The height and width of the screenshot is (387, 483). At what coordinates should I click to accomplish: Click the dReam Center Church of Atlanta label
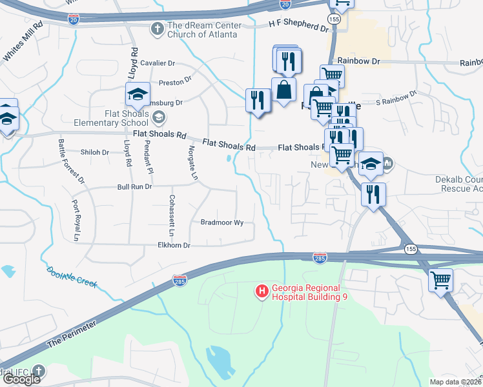(x=204, y=30)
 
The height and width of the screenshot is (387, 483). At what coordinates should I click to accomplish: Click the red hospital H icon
(x=262, y=292)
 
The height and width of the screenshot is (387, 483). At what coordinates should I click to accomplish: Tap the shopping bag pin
(x=283, y=90)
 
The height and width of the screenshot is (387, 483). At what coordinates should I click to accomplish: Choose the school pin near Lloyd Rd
(x=138, y=95)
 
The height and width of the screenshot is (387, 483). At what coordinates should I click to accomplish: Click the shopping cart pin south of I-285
(x=440, y=280)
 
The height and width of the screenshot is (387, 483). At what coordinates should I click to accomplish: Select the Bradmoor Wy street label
(x=221, y=223)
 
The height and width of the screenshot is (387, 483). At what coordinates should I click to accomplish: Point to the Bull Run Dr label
(x=134, y=186)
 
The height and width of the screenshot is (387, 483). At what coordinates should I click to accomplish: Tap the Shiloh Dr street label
(x=95, y=152)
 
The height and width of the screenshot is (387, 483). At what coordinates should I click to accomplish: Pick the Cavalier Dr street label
(x=158, y=63)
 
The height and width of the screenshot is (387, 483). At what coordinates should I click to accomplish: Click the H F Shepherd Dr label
(x=298, y=26)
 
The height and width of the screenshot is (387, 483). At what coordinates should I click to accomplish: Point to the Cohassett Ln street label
(x=171, y=215)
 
